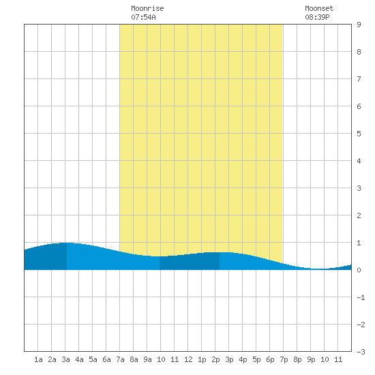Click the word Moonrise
(x=147, y=8)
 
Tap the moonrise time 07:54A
(x=143, y=17)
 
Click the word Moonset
(x=319, y=8)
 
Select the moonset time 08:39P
(x=317, y=17)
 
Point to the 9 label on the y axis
(x=359, y=25)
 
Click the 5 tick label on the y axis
(x=359, y=134)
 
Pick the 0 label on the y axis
(x=359, y=270)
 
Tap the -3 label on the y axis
(x=361, y=352)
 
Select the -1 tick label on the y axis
(x=361, y=297)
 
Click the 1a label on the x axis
(x=38, y=359)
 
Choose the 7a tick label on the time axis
(x=120, y=359)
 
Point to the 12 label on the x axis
(x=188, y=359)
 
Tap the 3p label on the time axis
(x=229, y=359)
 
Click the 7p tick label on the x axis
(x=284, y=359)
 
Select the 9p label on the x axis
(x=311, y=359)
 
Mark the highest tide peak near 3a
(x=67, y=243)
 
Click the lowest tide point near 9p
(x=316, y=269)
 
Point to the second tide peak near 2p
(x=220, y=252)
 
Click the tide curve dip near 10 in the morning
(x=160, y=256)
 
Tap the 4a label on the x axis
(x=79, y=359)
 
